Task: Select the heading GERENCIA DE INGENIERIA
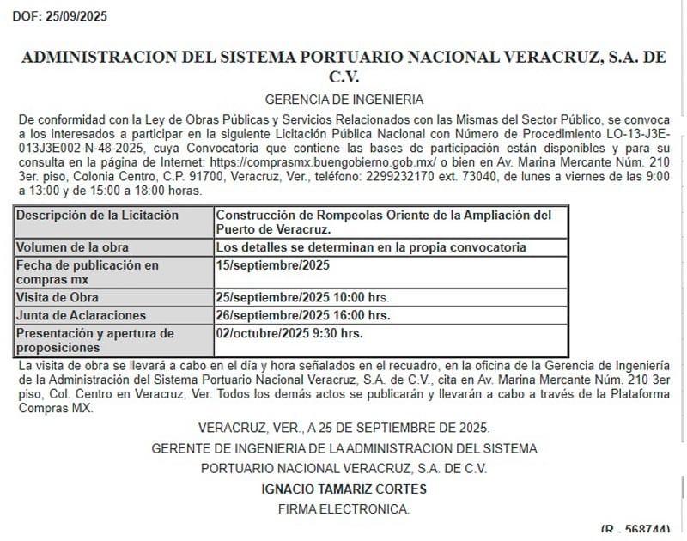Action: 343,100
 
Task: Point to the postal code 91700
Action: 187,176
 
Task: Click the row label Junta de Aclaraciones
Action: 81,315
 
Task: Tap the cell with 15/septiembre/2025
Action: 273,265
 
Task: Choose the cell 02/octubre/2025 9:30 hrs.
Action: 290,332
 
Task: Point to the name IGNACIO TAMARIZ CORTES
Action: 343,489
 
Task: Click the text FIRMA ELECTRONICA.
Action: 343,509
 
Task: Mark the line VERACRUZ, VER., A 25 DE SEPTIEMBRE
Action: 343,428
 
